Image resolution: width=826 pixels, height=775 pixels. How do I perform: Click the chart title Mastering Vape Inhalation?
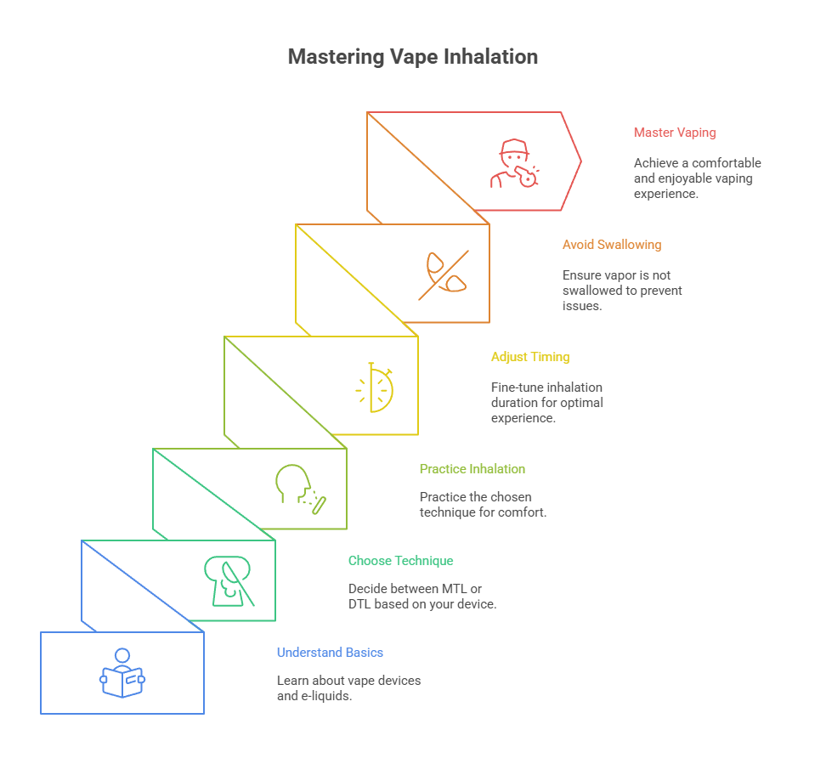tap(412, 57)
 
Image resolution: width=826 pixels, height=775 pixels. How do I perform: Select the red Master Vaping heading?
tap(675, 133)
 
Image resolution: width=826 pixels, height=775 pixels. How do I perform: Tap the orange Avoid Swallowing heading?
tap(611, 245)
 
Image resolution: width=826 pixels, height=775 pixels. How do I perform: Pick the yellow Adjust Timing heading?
tap(529, 357)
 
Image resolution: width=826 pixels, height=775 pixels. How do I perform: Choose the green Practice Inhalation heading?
tap(472, 469)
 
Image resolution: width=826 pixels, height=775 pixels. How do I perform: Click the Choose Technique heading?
tap(400, 561)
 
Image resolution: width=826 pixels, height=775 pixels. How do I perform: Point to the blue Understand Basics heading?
tap(330, 653)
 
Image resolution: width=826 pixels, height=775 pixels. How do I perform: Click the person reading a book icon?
tap(122, 673)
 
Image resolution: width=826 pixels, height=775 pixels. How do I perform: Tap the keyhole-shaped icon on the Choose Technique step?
tap(228, 581)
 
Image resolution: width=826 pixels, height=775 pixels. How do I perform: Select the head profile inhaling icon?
tap(300, 489)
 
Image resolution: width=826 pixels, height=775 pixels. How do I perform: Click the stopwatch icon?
tap(375, 388)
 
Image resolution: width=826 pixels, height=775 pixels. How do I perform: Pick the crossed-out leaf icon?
tap(443, 274)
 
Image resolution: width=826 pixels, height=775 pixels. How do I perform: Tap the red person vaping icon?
tap(514, 164)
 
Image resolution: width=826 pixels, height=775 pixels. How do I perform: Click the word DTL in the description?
tap(359, 604)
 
